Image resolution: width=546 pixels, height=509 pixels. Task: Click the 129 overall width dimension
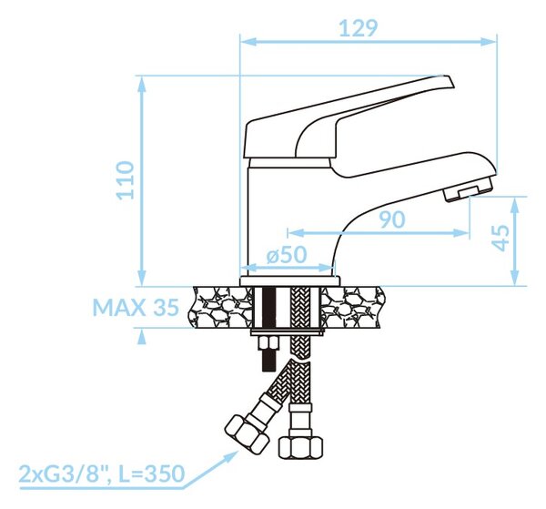click(x=358, y=28)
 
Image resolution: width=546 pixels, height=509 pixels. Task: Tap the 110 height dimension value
click(x=126, y=180)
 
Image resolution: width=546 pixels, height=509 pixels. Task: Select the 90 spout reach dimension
click(x=392, y=219)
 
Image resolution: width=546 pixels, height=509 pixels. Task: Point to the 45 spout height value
click(x=501, y=238)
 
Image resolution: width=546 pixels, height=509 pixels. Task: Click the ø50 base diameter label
click(x=287, y=255)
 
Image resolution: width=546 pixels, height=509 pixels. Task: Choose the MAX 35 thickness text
click(x=136, y=307)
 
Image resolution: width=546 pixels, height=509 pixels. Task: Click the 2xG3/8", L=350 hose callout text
click(x=101, y=473)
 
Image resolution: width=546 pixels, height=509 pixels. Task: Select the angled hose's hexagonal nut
click(x=248, y=434)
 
